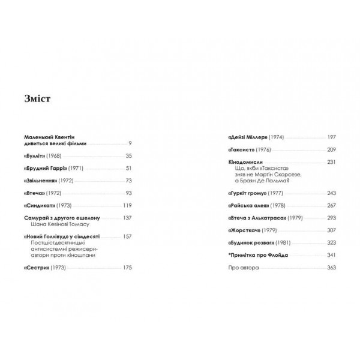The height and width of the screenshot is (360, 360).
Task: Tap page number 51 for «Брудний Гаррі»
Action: click(128, 168)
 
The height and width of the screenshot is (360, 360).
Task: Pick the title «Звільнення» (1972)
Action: click(47, 181)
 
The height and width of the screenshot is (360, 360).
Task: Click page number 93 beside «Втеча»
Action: click(128, 193)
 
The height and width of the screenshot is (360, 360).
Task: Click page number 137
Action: click(126, 218)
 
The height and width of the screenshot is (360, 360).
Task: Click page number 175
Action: click(126, 268)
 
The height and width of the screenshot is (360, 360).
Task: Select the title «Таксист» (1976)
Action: click(250, 150)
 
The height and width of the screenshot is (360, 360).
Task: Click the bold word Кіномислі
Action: click(247, 162)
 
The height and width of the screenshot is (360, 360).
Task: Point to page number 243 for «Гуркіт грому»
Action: click(331, 193)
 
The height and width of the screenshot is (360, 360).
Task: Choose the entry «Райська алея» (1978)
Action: click(254, 205)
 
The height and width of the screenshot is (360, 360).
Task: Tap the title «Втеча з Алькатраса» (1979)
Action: click(260, 218)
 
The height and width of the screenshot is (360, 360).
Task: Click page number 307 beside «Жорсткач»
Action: click(331, 230)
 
